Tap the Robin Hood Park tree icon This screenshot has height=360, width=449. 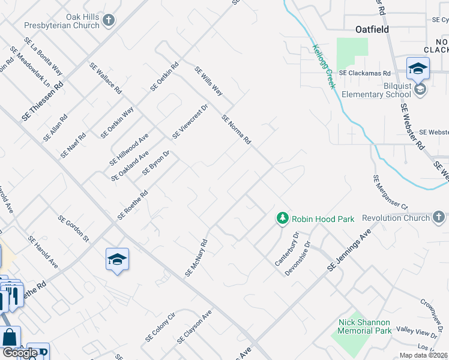point(282,218)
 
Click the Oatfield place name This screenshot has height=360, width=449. point(372,29)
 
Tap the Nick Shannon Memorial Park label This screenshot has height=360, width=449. point(365,326)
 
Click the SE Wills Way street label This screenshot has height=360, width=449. point(208,82)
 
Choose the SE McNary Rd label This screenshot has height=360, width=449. point(196,258)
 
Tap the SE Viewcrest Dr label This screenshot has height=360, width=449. point(190,122)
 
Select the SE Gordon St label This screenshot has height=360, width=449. point(73,229)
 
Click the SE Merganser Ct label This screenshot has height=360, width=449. point(390,190)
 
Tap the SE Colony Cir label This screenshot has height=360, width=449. point(160,328)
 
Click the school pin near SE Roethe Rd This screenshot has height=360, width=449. point(118,260)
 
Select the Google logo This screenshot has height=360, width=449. point(20,353)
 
